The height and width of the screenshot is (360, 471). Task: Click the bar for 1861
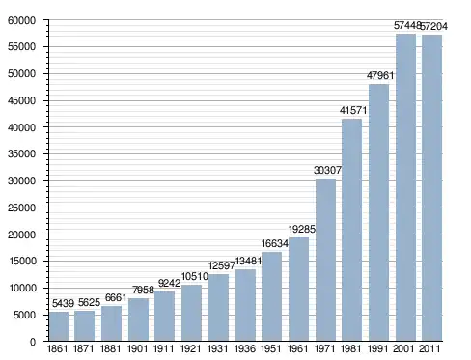tap(59, 326)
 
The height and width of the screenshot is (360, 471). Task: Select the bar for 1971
tap(325, 260)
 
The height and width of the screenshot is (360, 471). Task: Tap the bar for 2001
tap(406, 187)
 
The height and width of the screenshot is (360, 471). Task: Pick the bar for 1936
tap(245, 305)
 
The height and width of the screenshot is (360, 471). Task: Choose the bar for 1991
tap(379, 212)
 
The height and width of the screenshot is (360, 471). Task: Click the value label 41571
tap(353, 111)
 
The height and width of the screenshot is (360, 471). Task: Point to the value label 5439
tap(63, 303)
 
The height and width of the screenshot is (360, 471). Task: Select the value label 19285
tap(302, 229)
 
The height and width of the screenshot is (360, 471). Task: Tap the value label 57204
tap(434, 26)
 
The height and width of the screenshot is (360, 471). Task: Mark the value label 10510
tap(195, 276)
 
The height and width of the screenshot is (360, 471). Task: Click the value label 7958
tap(143, 290)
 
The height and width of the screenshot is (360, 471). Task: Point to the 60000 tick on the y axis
tap(46, 20)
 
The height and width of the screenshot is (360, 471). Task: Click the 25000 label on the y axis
tap(21, 208)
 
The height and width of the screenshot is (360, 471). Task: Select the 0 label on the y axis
tap(33, 342)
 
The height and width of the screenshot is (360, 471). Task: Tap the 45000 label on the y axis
tap(21, 100)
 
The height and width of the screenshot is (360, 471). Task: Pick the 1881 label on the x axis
tap(111, 349)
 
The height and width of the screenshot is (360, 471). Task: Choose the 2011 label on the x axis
tap(429, 349)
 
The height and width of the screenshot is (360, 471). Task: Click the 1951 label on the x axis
tap(271, 349)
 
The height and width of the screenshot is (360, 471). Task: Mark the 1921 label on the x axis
tap(191, 349)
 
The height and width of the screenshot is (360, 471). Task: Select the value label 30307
tap(327, 170)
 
